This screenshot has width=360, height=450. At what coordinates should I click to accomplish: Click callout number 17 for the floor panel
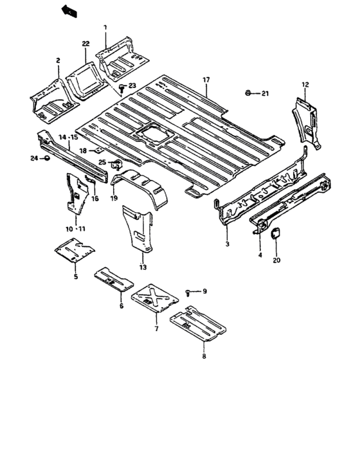[207, 80]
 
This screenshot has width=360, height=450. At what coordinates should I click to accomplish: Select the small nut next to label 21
[248, 94]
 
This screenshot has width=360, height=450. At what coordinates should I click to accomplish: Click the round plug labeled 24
[46, 157]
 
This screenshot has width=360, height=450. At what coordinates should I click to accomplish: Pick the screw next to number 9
[188, 292]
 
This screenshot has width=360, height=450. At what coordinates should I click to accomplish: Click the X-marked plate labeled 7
[155, 298]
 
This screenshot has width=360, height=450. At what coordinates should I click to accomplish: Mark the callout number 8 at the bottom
[204, 355]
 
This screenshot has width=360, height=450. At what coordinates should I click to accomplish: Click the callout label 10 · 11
[75, 229]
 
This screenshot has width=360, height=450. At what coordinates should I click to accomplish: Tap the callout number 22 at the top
[85, 43]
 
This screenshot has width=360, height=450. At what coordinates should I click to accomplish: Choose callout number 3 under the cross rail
[227, 244]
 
